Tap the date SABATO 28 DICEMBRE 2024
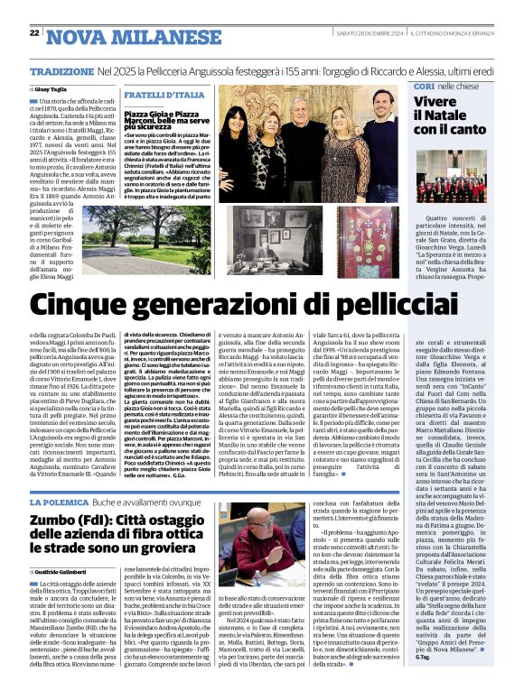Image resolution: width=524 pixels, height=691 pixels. click(361, 33)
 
